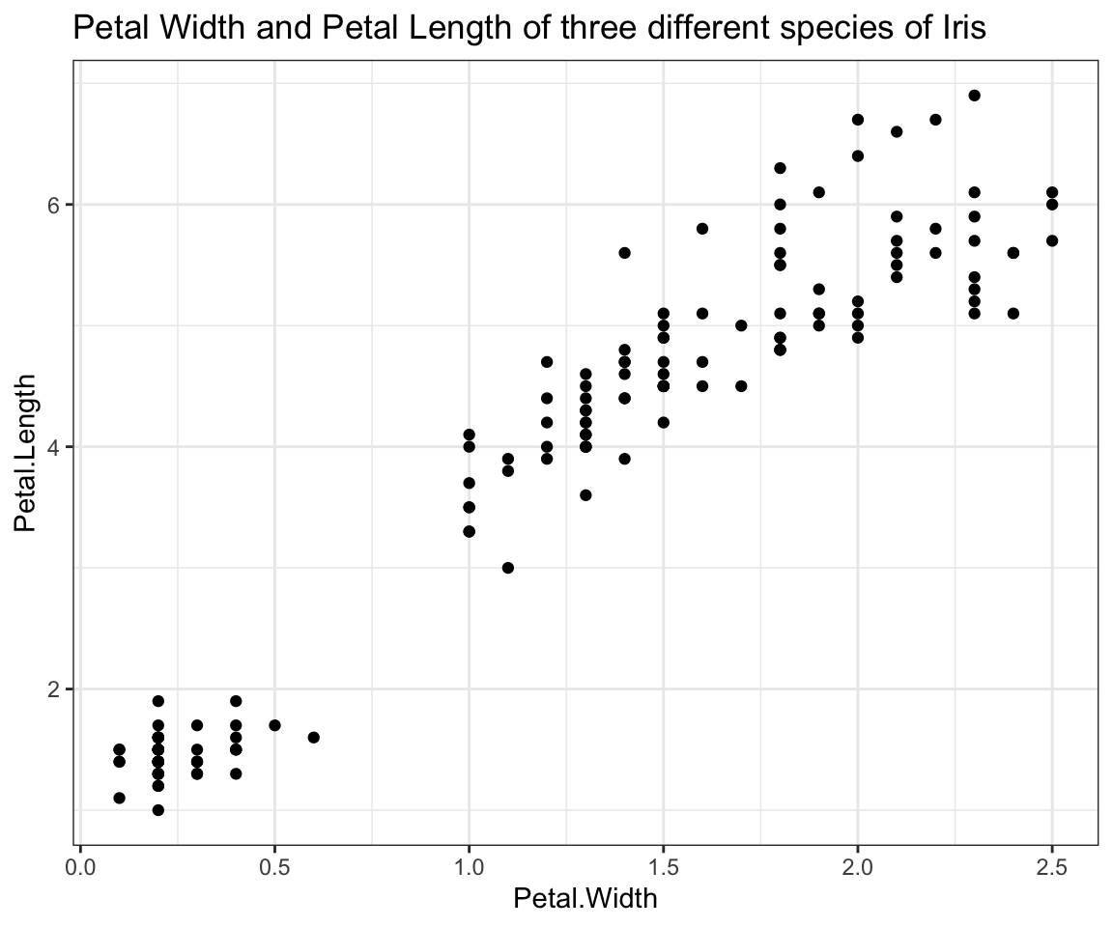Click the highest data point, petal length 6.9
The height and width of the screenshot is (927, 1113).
tap(974, 96)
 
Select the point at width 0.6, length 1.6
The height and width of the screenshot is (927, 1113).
tap(313, 738)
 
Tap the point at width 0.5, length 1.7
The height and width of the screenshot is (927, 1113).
tap(274, 725)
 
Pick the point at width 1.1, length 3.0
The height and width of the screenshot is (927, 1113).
tap(507, 568)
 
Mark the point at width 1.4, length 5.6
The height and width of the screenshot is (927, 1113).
tap(624, 253)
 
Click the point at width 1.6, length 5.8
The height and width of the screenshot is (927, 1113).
tap(702, 229)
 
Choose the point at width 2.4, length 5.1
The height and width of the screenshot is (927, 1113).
tap(1013, 314)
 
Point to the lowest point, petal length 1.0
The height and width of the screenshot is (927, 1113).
tap(157, 810)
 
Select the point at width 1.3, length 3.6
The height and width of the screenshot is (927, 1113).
tap(585, 495)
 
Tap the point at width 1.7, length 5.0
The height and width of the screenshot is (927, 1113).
tap(741, 325)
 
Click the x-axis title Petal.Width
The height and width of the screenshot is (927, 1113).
tap(585, 899)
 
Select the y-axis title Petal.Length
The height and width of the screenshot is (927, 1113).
tap(26, 453)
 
